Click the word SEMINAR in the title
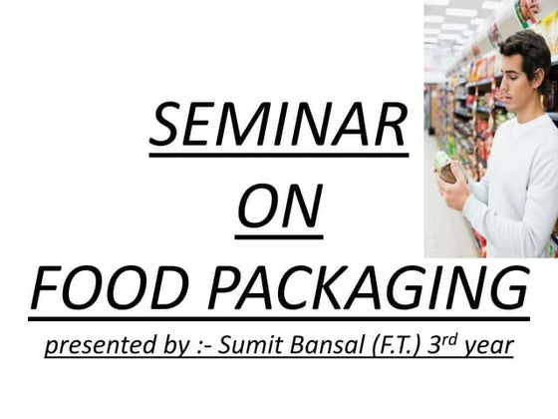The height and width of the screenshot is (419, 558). click(278, 127)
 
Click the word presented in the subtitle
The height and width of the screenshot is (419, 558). click(96, 346)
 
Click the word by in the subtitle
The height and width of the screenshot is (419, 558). click(169, 347)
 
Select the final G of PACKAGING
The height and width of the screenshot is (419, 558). click(509, 290)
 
